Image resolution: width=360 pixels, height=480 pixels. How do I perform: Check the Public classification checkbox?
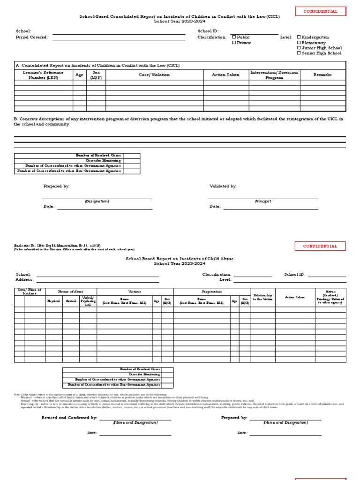click(x=234, y=37)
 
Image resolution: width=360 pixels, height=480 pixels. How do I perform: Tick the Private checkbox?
click(x=234, y=43)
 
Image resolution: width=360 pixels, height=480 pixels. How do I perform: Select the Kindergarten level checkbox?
click(x=299, y=37)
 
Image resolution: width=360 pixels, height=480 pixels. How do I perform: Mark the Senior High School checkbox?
click(x=299, y=53)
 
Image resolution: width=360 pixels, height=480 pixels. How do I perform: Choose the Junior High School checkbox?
click(x=299, y=48)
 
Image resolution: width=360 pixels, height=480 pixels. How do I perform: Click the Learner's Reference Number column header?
click(x=43, y=75)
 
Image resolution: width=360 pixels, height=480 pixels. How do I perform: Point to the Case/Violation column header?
click(x=154, y=75)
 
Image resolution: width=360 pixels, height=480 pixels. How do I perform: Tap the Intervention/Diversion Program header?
click(x=274, y=75)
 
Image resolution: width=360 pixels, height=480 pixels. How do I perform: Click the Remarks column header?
click(x=322, y=75)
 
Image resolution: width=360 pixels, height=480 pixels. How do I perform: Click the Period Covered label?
click(x=32, y=37)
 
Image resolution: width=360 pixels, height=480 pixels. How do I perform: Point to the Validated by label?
click(x=223, y=186)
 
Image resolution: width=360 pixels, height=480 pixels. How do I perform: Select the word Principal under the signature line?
click(x=262, y=201)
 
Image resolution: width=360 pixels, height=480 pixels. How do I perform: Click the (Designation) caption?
click(x=97, y=201)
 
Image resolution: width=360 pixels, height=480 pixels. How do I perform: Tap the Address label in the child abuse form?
click(x=24, y=279)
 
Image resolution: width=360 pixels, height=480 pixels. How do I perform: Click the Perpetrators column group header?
click(x=212, y=292)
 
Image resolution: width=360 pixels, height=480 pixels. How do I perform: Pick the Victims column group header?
click(x=135, y=292)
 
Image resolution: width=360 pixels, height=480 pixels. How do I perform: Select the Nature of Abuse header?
click(x=71, y=292)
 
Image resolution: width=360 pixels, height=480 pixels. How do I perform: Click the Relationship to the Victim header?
click(x=262, y=297)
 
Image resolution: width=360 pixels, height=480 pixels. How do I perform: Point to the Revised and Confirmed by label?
click(x=69, y=417)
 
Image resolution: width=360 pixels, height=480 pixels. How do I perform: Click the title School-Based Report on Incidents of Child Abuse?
click(x=180, y=259)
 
